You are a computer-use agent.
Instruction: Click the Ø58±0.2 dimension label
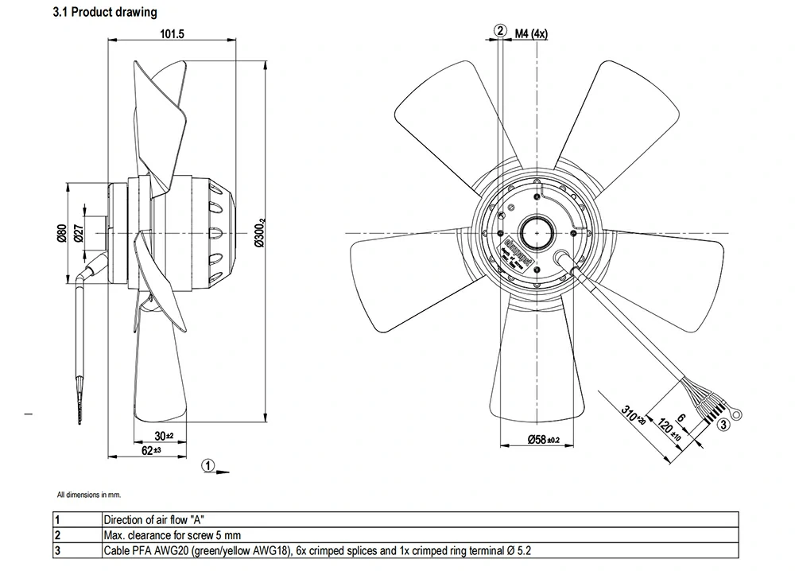click(x=544, y=439)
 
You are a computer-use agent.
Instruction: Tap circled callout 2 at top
click(x=500, y=31)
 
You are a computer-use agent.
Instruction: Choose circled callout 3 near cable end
click(x=723, y=425)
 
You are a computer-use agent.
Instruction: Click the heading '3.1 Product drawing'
click(x=104, y=12)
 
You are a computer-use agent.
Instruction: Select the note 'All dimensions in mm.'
click(x=88, y=495)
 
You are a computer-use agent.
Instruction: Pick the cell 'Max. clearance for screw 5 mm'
click(x=172, y=534)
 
